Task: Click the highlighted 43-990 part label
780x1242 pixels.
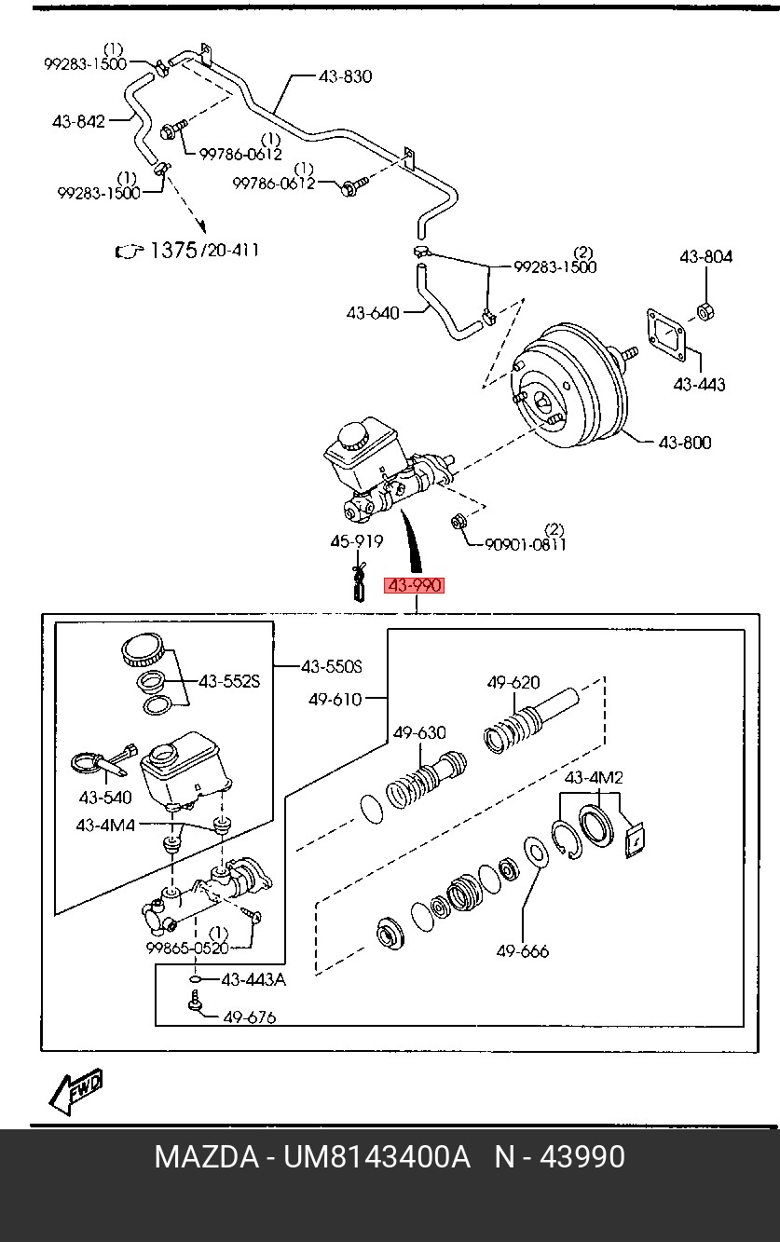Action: [414, 585]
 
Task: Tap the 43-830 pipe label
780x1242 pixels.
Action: [345, 76]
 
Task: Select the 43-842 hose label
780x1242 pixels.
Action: [78, 121]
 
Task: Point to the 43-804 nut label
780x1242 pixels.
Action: [705, 256]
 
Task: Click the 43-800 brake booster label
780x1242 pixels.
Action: [685, 442]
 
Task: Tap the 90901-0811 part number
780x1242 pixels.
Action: [526, 544]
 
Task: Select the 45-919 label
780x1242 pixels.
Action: [357, 540]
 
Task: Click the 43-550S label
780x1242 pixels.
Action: [332, 666]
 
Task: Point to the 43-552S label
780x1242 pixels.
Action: [229, 681]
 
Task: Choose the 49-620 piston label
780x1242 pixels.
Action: [513, 682]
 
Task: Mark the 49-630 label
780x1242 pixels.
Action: [419, 732]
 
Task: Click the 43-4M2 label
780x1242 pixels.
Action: [594, 777]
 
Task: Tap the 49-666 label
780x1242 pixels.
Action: [522, 951]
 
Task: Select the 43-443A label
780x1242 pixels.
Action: [253, 980]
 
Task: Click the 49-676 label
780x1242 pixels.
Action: [250, 1017]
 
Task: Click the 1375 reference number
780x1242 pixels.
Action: [173, 250]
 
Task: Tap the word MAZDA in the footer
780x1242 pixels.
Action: [207, 1156]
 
